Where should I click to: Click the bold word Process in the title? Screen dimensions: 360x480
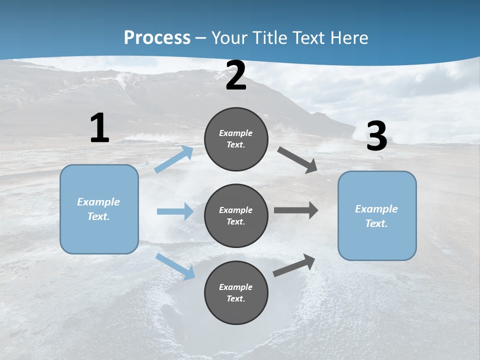157,38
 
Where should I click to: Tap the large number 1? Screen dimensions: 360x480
99,128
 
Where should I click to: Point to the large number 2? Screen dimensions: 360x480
236,76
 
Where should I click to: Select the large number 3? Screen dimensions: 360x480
376,136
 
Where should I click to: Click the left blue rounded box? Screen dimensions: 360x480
99,209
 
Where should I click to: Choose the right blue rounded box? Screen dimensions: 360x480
377,215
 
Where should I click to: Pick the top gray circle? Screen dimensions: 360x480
236,139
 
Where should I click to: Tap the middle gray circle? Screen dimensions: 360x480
236,215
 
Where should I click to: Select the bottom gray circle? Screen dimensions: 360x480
236,292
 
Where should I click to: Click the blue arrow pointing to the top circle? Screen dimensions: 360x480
174,159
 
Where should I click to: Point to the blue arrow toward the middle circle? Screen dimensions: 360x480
175,211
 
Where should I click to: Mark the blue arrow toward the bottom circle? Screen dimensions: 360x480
175,266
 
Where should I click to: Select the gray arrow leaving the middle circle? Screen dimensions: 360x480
295,210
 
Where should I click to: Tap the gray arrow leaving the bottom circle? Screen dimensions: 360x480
294,265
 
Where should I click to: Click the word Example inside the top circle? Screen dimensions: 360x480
236,133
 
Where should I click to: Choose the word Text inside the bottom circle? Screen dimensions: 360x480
235,298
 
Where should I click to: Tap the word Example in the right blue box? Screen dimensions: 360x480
376,209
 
